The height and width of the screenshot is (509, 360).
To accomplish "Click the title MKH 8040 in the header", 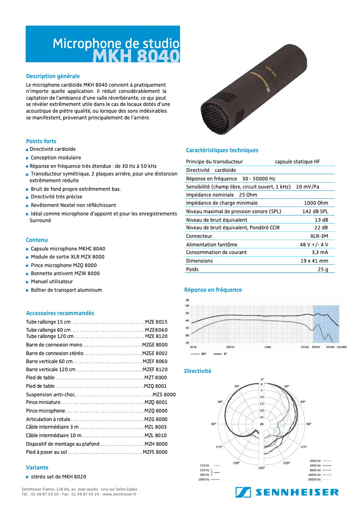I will click(136, 57).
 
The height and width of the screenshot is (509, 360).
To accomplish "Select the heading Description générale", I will click(53, 76).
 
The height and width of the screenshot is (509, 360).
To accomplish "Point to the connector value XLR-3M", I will click(319, 236).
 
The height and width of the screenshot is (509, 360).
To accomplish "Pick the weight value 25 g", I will click(323, 269).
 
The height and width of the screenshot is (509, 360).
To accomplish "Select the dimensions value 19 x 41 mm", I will click(314, 261).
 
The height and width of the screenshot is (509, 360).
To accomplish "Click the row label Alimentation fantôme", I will click(211, 245).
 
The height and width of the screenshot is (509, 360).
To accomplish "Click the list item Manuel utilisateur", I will click(52, 281).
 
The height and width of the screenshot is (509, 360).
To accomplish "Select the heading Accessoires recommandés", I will click(60, 313).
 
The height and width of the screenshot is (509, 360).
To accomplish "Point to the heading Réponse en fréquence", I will click(213, 290).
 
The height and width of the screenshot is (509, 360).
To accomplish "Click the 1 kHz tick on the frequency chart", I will click(267, 347).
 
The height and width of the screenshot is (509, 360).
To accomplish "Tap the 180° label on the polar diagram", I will click(262, 468).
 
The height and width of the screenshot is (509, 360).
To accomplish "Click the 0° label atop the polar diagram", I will click(263, 379).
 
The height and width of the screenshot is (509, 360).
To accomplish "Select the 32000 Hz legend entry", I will click(315, 479).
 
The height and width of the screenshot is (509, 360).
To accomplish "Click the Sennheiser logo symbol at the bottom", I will click(243, 492).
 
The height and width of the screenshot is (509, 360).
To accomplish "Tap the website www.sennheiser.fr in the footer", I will click(119, 494).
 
